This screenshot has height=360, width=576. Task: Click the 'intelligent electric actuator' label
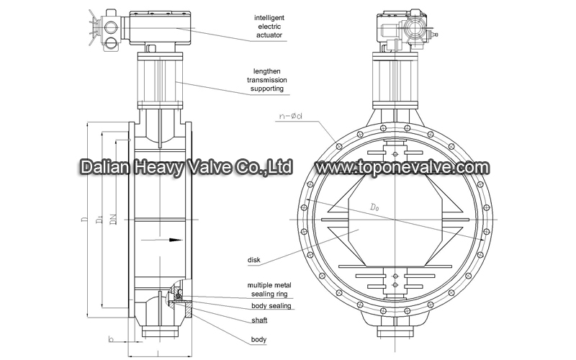tap(269, 27)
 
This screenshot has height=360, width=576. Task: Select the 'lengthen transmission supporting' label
tap(267, 80)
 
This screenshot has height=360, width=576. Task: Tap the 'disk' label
tap(254, 260)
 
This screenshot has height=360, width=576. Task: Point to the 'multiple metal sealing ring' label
tap(269, 289)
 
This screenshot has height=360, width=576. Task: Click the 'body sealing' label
tap(271, 305)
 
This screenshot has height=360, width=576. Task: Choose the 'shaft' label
tap(259, 320)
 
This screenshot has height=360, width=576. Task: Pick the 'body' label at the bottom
tap(258, 339)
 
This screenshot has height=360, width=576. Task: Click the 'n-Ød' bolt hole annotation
tap(290, 116)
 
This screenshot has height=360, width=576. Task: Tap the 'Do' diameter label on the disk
tap(374, 207)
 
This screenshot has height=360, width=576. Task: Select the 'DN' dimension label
tap(114, 220)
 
